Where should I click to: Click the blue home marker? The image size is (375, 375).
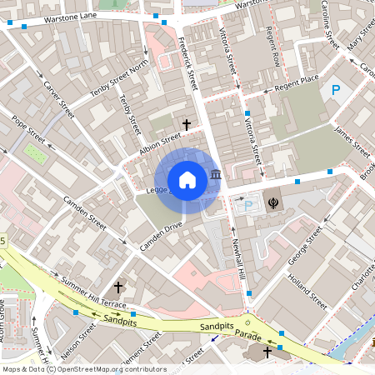tap(187, 179)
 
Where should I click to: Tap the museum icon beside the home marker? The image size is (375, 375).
tap(216, 175)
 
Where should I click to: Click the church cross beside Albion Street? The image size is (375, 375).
tap(186, 124)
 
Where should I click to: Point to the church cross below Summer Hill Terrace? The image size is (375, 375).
tap(118, 287)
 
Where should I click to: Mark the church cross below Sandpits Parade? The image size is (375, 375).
tap(267, 352)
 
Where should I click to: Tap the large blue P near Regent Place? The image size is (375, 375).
tap(336, 90)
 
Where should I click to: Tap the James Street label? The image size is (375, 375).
tap(351, 141)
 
